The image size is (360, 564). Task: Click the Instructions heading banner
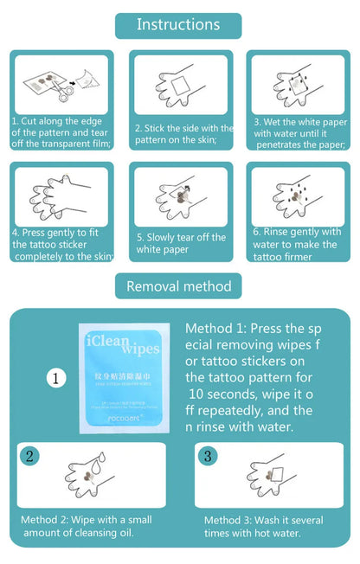tap(178, 24)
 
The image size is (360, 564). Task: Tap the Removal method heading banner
tap(178, 285)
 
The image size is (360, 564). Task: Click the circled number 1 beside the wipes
tap(57, 378)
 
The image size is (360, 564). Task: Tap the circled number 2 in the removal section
tap(30, 456)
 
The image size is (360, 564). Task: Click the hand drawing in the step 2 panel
tap(181, 87)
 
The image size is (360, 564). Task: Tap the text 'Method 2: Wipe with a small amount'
tap(86, 525)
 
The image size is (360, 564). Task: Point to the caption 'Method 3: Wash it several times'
tap(263, 525)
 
